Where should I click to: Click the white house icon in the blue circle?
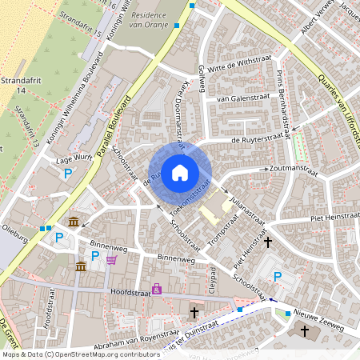[x=180, y=172]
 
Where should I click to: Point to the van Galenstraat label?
[x=234, y=98]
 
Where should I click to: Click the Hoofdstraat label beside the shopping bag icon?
[x=130, y=291]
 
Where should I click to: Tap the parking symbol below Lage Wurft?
[x=69, y=174]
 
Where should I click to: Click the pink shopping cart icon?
[x=110, y=259]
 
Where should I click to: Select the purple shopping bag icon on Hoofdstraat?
[x=157, y=288]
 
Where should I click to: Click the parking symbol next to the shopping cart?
[x=95, y=256]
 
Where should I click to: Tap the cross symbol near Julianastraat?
[x=268, y=240]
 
